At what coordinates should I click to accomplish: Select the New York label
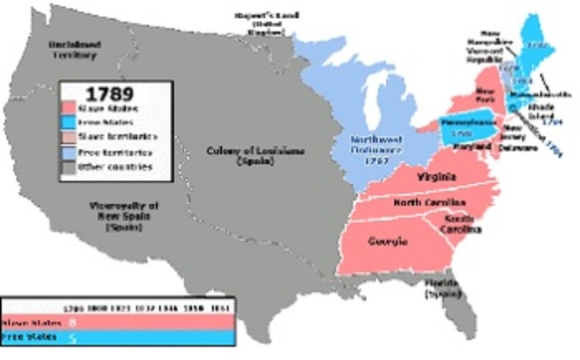488,94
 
